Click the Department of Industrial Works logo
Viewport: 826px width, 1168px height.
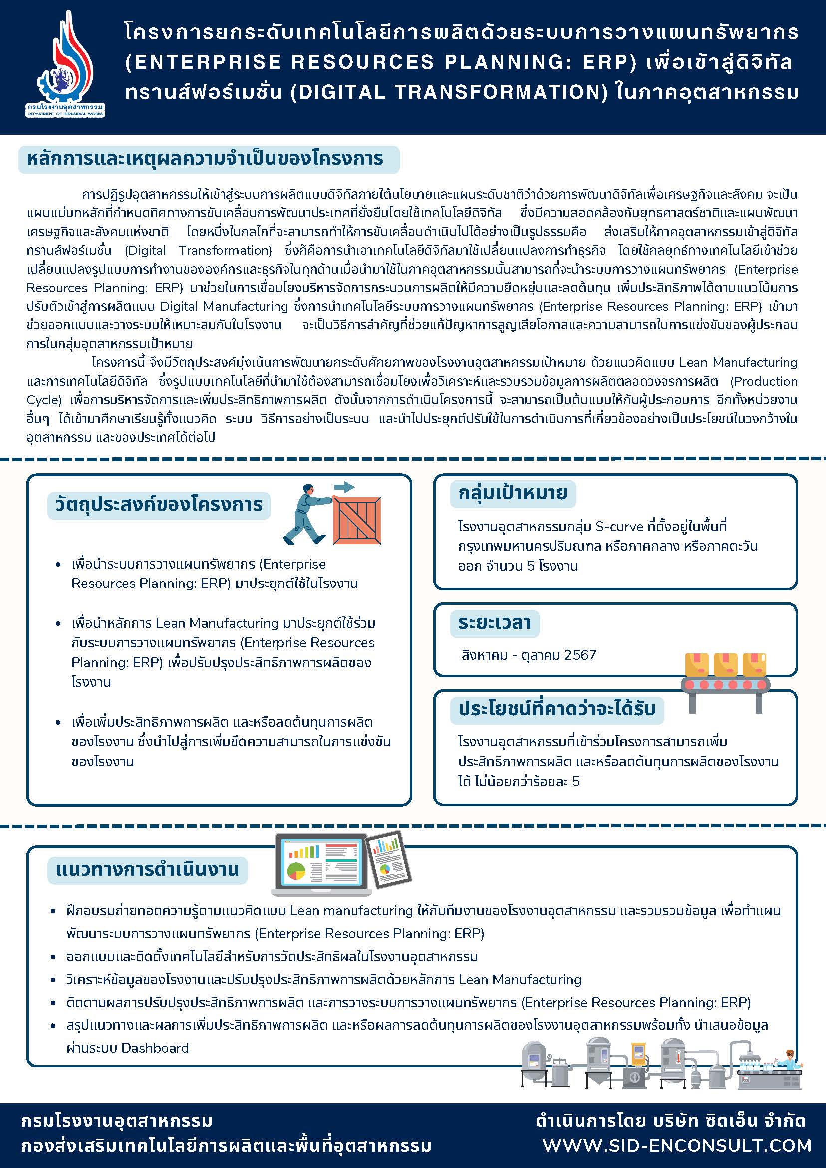[x=65, y=66]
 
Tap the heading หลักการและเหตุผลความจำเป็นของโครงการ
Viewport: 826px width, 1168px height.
[x=205, y=159]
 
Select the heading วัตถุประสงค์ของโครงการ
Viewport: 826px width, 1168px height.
[x=159, y=505]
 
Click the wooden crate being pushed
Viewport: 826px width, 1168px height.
[x=357, y=520]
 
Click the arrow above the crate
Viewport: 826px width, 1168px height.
[x=346, y=487]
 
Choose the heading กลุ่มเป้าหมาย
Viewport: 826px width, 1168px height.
[x=513, y=494]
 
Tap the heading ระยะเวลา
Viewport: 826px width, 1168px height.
[x=495, y=622]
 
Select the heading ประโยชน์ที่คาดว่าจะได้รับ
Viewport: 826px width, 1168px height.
[x=556, y=709]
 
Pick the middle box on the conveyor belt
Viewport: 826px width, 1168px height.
[x=726, y=664]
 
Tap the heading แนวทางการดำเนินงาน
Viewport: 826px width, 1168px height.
[x=148, y=869]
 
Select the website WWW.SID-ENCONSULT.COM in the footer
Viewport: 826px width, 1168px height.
[x=676, y=1145]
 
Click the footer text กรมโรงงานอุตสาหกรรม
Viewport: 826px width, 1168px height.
[x=117, y=1121]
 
